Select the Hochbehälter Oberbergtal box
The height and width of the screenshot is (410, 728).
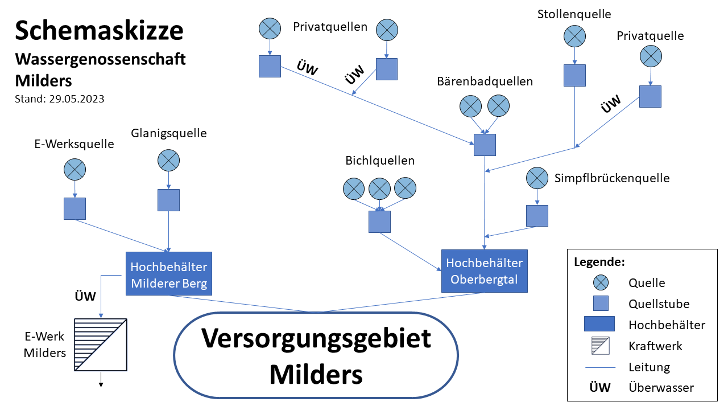(484, 271)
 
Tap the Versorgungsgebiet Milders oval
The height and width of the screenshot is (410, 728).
(316, 355)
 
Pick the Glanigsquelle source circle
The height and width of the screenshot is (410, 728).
(168, 160)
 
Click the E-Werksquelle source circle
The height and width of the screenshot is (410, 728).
(75, 169)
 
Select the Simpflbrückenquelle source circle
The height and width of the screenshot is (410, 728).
(537, 178)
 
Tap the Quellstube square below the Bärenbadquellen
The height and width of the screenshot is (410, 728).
(485, 145)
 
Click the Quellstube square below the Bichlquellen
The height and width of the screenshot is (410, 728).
(379, 222)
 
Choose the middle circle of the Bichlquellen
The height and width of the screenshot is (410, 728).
(379, 188)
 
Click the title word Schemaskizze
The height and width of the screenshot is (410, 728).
(99, 30)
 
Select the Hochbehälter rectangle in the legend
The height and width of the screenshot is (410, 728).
(600, 324)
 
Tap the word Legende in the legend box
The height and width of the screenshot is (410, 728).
(599, 263)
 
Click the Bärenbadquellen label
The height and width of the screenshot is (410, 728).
(485, 81)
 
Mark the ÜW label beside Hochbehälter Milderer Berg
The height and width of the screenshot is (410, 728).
(85, 296)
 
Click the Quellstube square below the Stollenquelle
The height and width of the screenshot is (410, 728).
(574, 76)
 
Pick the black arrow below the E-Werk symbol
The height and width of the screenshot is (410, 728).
(101, 380)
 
